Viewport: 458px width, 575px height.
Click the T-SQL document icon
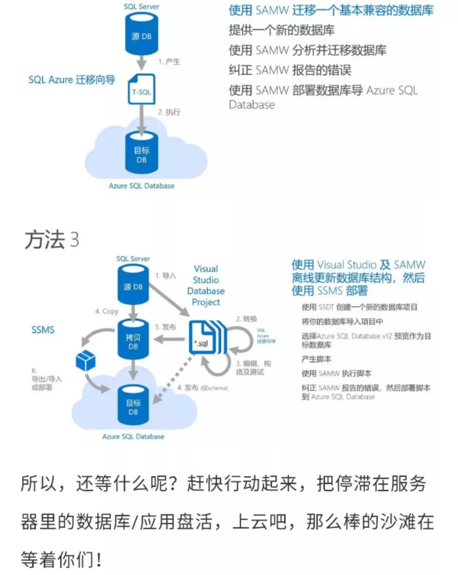coord(141,90)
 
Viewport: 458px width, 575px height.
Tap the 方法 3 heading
coord(52,240)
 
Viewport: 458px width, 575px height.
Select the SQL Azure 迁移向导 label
coord(72,80)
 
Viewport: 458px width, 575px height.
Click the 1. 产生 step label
coord(169,62)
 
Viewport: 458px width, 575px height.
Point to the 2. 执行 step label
coord(169,112)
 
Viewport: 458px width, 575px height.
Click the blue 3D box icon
coord(85,361)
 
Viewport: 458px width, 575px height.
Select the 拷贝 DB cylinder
coord(133,340)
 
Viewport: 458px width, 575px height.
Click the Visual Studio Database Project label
coord(206,285)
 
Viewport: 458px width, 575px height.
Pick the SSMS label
coord(43,330)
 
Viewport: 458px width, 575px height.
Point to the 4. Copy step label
coord(106,311)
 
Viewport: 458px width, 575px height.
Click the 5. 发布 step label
coord(165,327)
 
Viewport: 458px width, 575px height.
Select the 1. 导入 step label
coord(165,276)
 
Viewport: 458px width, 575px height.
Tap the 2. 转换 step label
coord(246,319)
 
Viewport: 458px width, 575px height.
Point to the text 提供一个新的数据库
coord(282,30)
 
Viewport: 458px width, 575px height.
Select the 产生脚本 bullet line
coord(316,359)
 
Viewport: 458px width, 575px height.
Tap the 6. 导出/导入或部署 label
coord(46,379)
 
